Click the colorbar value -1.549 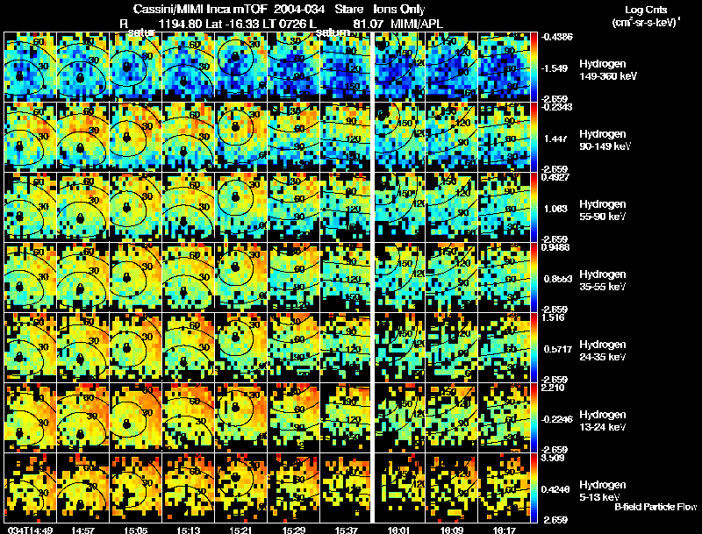(558, 68)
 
